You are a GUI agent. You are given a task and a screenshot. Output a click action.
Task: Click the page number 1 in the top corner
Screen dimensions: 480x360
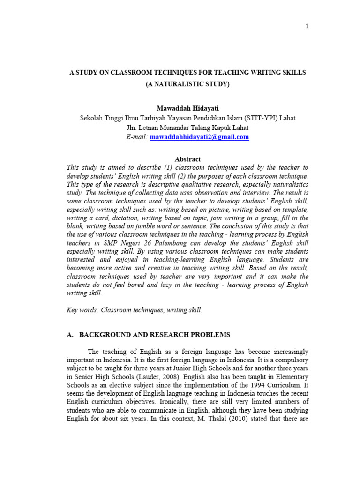[307, 26]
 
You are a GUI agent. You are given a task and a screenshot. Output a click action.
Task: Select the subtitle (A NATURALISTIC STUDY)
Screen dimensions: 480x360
[187, 84]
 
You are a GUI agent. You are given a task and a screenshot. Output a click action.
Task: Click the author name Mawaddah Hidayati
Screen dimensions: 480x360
[187, 108]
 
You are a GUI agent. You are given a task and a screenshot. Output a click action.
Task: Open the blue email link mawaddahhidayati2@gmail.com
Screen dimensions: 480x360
[199, 137]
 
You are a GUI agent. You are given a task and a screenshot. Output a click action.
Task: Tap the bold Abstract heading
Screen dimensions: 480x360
[187, 159]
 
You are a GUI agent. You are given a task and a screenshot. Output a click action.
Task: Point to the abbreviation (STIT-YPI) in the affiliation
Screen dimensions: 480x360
[254, 118]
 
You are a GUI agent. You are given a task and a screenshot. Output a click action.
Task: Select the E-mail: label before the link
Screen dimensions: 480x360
[136, 137]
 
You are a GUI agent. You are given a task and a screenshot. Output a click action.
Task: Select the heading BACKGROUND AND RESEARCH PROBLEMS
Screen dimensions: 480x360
[154, 335]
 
